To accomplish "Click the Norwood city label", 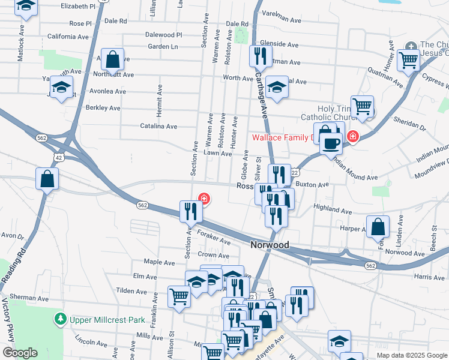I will point(269,245).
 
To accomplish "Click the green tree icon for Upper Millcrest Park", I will point(60,319).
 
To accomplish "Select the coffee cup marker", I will point(330,143).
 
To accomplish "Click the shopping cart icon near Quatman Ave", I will point(408,60).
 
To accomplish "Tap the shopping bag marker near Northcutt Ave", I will point(112,59).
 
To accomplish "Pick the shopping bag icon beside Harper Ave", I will point(378,227).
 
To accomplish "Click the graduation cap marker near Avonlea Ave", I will point(61,87).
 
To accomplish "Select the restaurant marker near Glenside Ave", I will point(260,56).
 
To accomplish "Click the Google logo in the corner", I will point(20,353).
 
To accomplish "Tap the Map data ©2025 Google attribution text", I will point(412,355).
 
